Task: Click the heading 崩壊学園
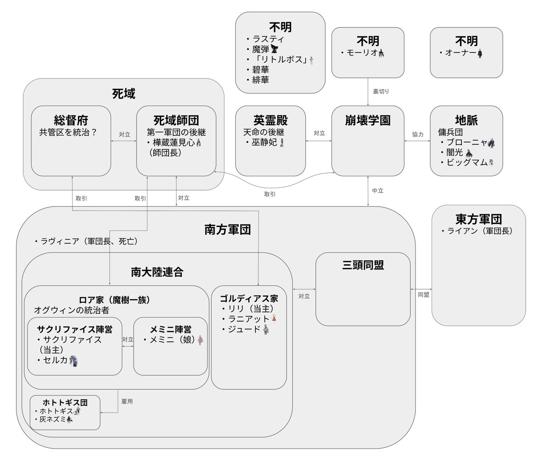[368, 120]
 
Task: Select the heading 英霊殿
[270, 120]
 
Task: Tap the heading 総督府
[71, 120]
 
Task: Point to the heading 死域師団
[176, 120]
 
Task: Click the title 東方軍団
[478, 218]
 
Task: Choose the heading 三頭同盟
[363, 265]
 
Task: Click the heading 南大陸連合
[157, 272]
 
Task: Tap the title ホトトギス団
[64, 403]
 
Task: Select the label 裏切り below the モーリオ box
[381, 91]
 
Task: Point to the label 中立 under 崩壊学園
[377, 190]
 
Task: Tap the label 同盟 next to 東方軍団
[423, 295]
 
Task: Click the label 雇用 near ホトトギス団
[127, 401]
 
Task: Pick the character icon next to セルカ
[74, 360]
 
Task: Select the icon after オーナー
[480, 53]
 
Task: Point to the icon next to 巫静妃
[282, 143]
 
